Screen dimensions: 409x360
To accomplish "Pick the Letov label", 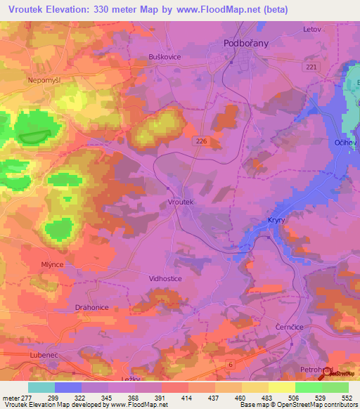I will pyautogui.click(x=311, y=30).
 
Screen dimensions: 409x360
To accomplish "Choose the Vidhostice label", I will pyautogui.click(x=166, y=278).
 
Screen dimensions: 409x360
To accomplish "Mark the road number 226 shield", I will pyautogui.click(x=201, y=141).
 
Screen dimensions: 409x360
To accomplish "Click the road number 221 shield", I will pyautogui.click(x=311, y=66).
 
